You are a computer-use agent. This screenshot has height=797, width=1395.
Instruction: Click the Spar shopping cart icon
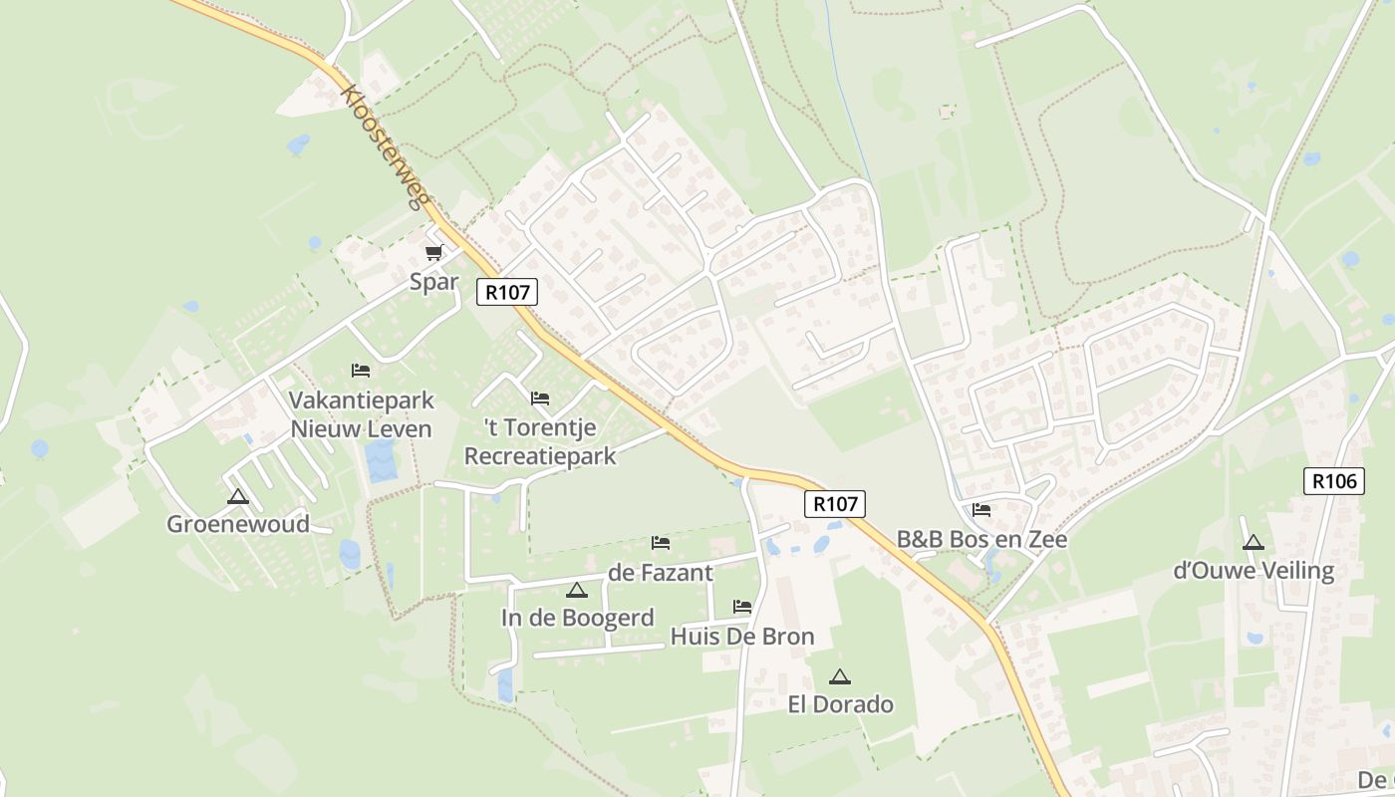tap(433, 253)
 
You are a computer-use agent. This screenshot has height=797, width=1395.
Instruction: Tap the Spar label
tap(434, 282)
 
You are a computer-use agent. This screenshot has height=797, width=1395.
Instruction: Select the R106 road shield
tap(1333, 481)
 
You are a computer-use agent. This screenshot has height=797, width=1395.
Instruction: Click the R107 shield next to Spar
tap(508, 292)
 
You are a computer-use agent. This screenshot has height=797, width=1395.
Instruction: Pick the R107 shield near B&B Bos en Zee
tap(835, 503)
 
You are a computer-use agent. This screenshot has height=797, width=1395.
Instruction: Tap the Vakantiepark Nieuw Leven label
tap(361, 415)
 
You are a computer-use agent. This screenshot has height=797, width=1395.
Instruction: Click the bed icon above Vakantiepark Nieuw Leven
tap(361, 371)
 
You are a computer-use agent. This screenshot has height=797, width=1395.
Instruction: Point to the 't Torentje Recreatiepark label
tap(540, 442)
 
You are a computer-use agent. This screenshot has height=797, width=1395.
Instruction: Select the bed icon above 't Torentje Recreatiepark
tap(540, 398)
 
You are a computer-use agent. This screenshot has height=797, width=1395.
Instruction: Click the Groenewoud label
tap(238, 524)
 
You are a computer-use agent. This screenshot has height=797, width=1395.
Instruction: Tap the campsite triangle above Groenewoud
tap(237, 496)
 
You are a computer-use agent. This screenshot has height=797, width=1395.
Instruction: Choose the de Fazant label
tap(661, 573)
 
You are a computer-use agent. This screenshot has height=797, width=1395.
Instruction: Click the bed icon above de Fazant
tap(661, 543)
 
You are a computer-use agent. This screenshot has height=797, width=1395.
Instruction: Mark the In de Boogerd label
tap(578, 618)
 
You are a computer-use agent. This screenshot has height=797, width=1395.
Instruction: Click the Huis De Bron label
tap(742, 637)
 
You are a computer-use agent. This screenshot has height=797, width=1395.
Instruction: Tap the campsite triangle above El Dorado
tap(840, 676)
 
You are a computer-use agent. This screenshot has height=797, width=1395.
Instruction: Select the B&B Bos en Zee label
tap(981, 540)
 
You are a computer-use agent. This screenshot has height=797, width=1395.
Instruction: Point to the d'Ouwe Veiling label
tap(1254, 571)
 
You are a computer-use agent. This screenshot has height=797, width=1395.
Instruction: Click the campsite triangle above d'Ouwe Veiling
tap(1254, 543)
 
